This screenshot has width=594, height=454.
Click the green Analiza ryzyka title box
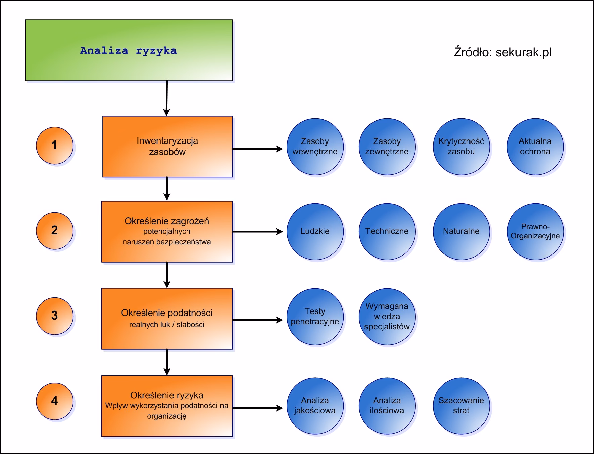point(129,50)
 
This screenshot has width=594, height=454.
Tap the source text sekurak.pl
point(502,52)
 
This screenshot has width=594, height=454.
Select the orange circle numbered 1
point(54,146)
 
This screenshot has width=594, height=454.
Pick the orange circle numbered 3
point(54,316)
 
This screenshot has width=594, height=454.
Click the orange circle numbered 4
point(54,401)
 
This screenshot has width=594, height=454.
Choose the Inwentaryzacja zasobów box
point(167,147)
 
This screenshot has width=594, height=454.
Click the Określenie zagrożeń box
point(167,231)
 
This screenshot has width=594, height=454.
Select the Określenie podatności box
point(167,319)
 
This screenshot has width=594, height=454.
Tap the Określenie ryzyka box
point(167,406)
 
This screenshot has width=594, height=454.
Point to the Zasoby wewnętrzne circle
point(315,147)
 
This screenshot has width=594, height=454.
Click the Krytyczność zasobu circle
point(461,147)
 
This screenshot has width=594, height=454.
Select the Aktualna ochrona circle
point(535,147)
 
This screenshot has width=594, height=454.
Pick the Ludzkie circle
point(315,231)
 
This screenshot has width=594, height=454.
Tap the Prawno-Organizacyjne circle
point(535,231)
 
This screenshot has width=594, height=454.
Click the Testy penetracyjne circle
point(315,317)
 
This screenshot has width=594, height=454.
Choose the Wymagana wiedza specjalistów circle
point(387,317)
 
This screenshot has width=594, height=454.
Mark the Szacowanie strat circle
point(461,406)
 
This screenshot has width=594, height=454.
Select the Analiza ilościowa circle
point(387,406)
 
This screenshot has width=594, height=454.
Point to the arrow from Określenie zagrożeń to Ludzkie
point(257,232)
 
